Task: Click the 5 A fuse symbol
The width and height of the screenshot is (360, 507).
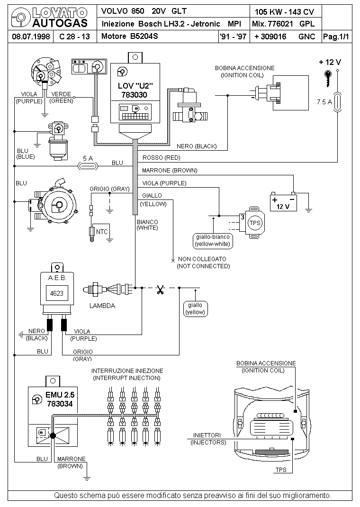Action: click(x=88, y=166)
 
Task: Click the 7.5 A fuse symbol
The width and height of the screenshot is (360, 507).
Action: click(x=338, y=102)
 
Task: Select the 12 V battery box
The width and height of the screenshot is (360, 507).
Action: click(x=283, y=202)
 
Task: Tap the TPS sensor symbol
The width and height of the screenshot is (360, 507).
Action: click(x=255, y=223)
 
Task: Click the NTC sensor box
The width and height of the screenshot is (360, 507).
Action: click(x=101, y=232)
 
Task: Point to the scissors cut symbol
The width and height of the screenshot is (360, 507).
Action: click(x=160, y=290)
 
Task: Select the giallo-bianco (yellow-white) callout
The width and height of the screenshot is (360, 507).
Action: click(x=213, y=241)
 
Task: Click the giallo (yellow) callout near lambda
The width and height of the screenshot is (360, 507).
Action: click(x=195, y=309)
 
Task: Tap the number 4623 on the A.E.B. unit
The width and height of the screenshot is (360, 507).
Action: click(x=56, y=293)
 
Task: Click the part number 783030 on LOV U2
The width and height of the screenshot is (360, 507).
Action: click(x=135, y=95)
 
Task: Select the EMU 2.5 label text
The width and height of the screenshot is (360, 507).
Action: click(x=60, y=395)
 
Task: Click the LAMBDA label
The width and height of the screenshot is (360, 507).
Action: click(x=102, y=306)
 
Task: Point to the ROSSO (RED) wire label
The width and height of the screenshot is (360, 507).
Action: click(x=161, y=158)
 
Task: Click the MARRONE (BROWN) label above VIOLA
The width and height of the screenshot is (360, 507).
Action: click(x=170, y=171)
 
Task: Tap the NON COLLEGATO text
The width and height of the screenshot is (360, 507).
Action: click(x=202, y=259)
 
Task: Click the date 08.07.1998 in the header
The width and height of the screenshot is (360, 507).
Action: click(x=31, y=36)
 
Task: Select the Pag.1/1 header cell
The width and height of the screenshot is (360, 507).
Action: click(x=336, y=36)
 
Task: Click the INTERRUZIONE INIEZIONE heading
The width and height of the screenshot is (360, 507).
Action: click(x=127, y=371)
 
